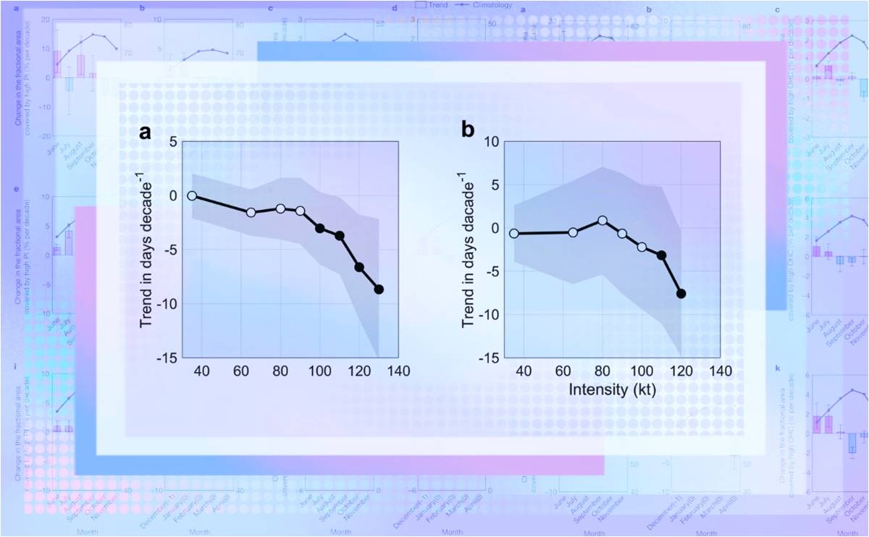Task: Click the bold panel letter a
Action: click(146, 132)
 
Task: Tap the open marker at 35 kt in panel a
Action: click(192, 195)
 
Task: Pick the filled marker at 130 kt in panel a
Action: click(379, 289)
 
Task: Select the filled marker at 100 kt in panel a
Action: click(319, 228)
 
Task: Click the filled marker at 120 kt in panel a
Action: click(359, 267)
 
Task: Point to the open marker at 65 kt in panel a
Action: click(251, 212)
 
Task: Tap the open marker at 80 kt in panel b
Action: click(603, 220)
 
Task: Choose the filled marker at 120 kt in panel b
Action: click(681, 293)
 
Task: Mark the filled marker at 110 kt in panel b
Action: click(661, 255)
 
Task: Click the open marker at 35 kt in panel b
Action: click(514, 233)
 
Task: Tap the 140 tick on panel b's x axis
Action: click(720, 371)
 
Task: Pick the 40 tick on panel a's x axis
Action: click(201, 371)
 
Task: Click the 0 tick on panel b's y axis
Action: click(491, 228)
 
